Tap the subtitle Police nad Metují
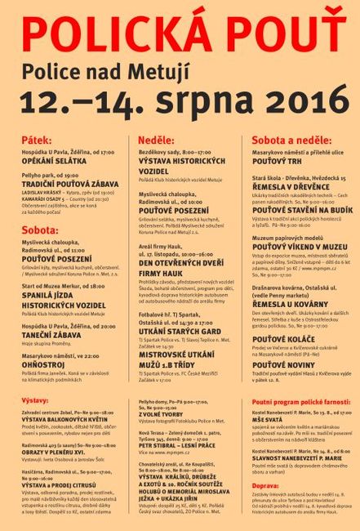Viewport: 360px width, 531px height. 179,69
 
